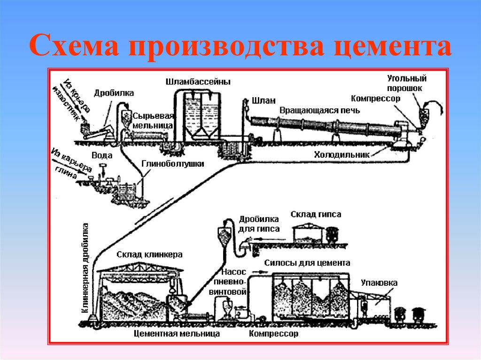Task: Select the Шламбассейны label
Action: click(x=198, y=82)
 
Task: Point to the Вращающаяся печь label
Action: click(x=320, y=110)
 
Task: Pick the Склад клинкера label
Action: click(x=149, y=254)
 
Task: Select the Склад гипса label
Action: click(x=316, y=214)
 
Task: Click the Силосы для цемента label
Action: click(x=307, y=263)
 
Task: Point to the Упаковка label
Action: click(x=379, y=283)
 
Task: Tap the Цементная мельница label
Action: click(x=177, y=334)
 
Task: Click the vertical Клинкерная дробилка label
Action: click(x=86, y=268)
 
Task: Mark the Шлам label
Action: click(x=264, y=100)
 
